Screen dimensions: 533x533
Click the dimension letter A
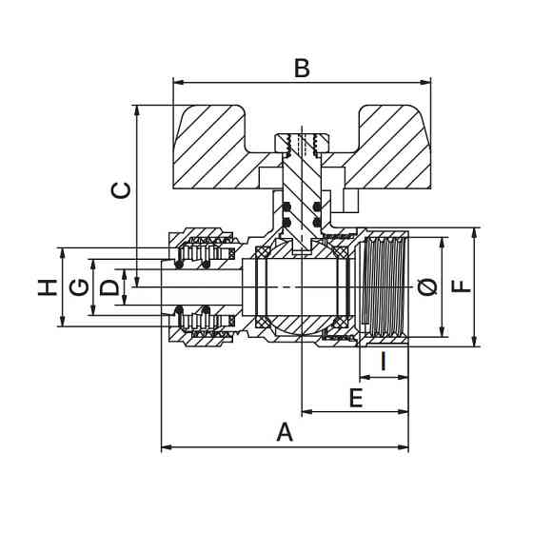(x=285, y=431)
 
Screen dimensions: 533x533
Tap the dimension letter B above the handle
(x=302, y=68)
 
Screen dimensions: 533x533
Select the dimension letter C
(x=121, y=190)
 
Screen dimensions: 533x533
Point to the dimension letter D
(x=109, y=287)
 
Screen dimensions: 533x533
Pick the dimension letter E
(x=356, y=398)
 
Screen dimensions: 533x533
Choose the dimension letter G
(x=79, y=287)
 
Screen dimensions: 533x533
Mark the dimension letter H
(x=48, y=287)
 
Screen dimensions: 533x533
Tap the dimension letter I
(x=384, y=361)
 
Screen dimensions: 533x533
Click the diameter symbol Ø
(x=427, y=287)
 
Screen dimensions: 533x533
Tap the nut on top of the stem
(x=303, y=144)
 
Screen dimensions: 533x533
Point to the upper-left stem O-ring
(x=287, y=207)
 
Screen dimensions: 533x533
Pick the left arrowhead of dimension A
(x=167, y=447)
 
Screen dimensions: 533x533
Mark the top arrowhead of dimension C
(x=137, y=110)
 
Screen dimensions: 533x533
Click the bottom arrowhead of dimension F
(x=475, y=341)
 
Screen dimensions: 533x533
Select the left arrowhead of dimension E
(x=307, y=412)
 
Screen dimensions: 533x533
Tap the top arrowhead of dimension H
(x=62, y=253)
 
